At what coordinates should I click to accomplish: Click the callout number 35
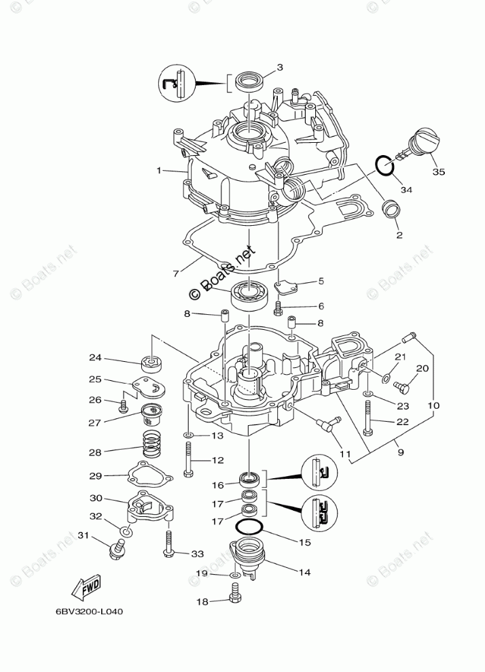click(439, 172)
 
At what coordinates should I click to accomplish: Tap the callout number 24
click(94, 358)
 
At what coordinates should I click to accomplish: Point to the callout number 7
click(176, 273)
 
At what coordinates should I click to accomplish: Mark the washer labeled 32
click(127, 530)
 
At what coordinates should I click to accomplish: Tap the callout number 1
click(159, 170)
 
